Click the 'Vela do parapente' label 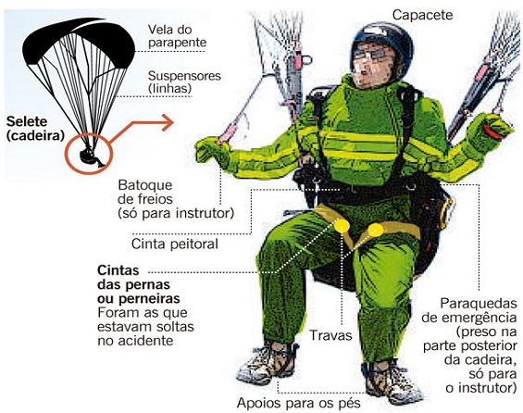[x=177, y=34]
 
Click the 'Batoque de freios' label [x=174, y=199]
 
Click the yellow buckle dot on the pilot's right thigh [x=342, y=225]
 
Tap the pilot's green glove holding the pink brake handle [x=214, y=148]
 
